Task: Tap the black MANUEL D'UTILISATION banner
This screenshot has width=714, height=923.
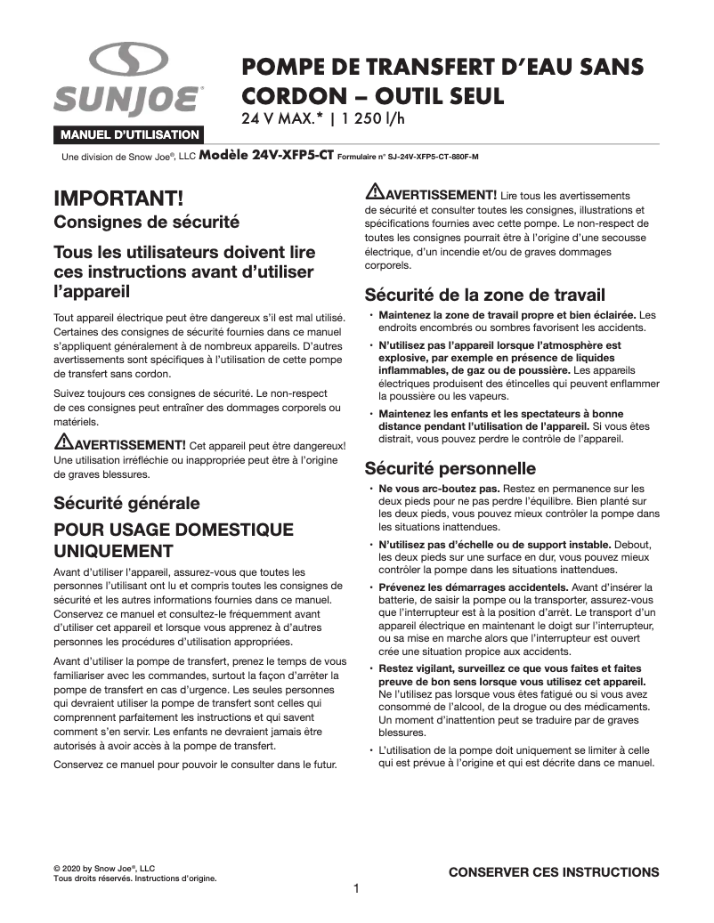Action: pos(129,134)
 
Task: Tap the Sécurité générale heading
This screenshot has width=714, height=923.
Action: pos(126,503)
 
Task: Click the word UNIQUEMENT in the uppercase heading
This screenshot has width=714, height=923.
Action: pos(113,550)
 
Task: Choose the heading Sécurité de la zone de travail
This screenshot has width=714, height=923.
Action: pos(485,295)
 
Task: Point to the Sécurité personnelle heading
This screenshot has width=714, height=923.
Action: pos(450,467)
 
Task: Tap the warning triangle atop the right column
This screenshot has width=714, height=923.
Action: pos(375,192)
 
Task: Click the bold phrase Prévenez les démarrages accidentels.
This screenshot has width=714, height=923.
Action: pos(475,587)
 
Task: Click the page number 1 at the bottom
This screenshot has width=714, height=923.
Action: pos(356,889)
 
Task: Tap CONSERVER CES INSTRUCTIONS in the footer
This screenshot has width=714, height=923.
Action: pos(553,872)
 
